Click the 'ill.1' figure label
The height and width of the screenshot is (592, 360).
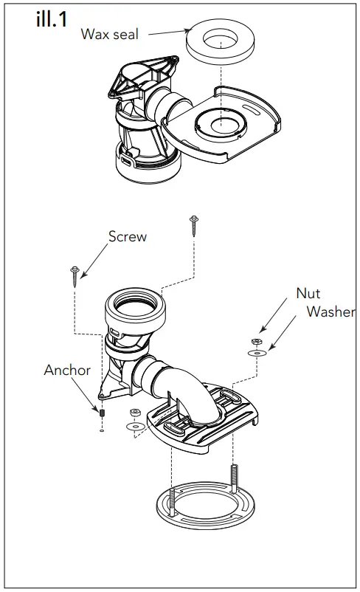point(52,20)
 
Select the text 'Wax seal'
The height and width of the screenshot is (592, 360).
point(110,35)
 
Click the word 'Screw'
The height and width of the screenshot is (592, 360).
point(128,237)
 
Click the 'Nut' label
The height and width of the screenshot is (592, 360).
point(308,293)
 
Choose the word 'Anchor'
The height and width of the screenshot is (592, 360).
point(66,370)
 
